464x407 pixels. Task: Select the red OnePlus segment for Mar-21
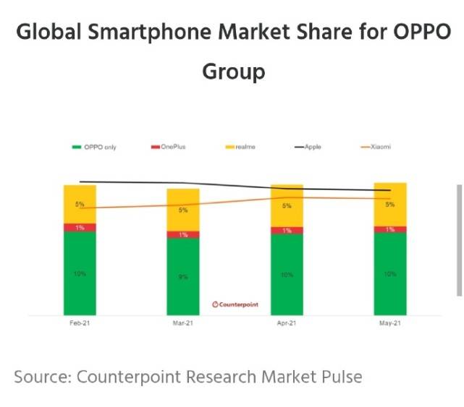point(183,234)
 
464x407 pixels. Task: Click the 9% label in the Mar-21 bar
point(183,276)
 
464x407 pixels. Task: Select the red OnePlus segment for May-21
point(390,229)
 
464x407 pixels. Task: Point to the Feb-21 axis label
point(80,323)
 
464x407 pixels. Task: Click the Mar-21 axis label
point(183,323)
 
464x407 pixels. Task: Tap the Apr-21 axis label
point(287,323)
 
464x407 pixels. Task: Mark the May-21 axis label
point(390,323)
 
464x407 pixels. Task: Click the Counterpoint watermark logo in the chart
point(235,304)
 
